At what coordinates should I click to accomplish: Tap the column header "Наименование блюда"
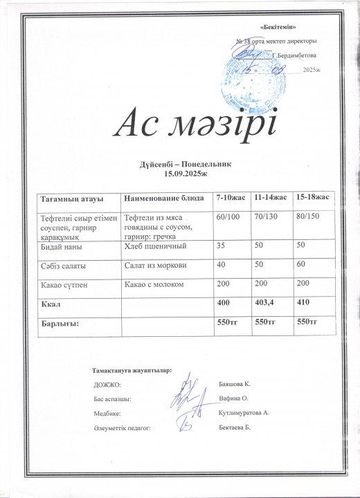[163, 199]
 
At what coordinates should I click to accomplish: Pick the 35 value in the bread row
[222, 246]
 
